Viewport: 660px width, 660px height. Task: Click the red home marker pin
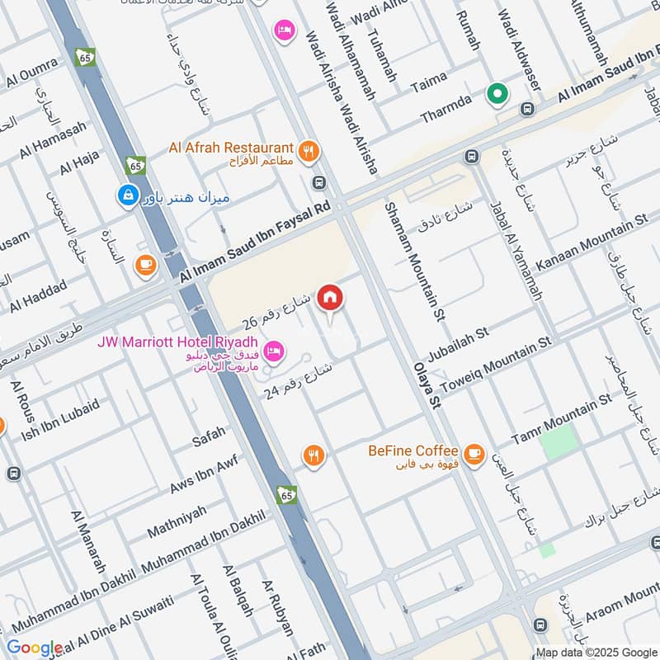tap(330, 299)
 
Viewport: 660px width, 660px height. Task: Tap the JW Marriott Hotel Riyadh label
tap(179, 342)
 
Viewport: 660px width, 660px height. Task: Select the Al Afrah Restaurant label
tap(231, 148)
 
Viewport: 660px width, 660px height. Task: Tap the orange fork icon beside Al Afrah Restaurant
tap(309, 151)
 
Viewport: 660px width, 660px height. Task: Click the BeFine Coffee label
tap(412, 450)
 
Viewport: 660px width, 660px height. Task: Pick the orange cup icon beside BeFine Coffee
tap(473, 454)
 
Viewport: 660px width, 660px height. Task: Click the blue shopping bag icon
tap(127, 196)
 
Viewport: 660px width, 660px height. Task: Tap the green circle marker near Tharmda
tap(497, 95)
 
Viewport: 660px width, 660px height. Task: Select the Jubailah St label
tap(459, 337)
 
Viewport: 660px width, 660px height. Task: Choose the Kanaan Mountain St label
tap(592, 243)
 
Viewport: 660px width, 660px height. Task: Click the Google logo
tap(34, 648)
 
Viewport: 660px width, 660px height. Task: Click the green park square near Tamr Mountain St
tap(558, 442)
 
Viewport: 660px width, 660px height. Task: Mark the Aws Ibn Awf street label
tap(203, 476)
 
